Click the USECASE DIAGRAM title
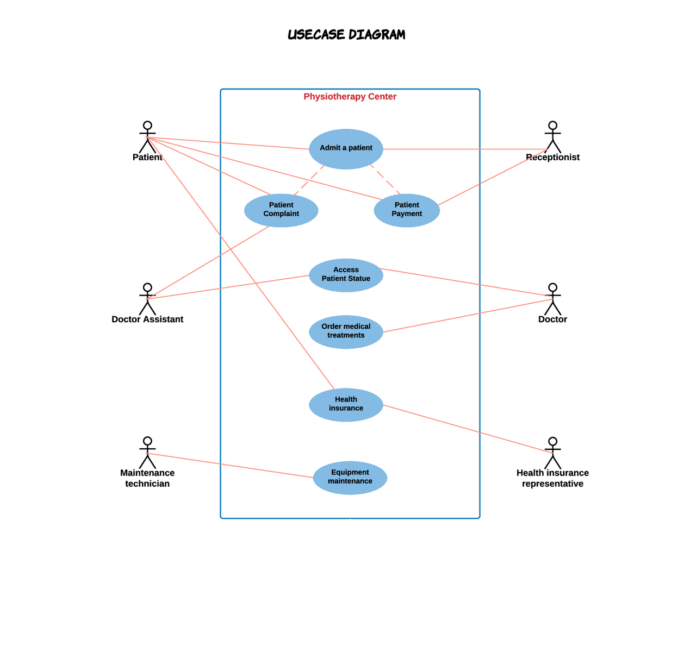(x=346, y=35)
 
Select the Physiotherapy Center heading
(x=350, y=97)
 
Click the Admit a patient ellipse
(x=346, y=149)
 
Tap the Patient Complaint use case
(x=281, y=210)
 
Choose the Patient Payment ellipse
(x=407, y=210)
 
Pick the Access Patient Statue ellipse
(x=346, y=275)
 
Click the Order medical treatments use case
(x=346, y=331)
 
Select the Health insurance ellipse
(x=346, y=405)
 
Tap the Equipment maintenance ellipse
(x=350, y=478)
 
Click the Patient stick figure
(x=147, y=136)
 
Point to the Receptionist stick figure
(x=552, y=136)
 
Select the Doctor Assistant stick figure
(x=147, y=298)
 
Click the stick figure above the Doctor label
(x=552, y=298)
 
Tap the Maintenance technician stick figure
(x=147, y=452)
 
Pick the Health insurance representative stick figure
(x=552, y=453)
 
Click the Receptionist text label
(x=552, y=158)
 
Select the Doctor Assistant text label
(x=147, y=319)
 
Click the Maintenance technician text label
(x=147, y=478)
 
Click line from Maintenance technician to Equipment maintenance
(x=228, y=465)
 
